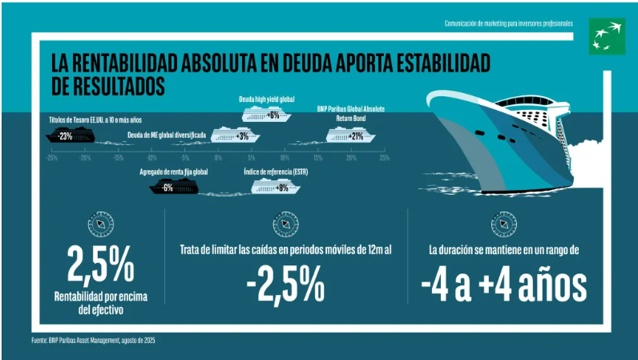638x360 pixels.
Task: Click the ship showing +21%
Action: [x=351, y=136]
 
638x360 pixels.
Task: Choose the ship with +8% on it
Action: [x=277, y=188]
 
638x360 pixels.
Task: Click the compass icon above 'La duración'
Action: [x=503, y=222]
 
